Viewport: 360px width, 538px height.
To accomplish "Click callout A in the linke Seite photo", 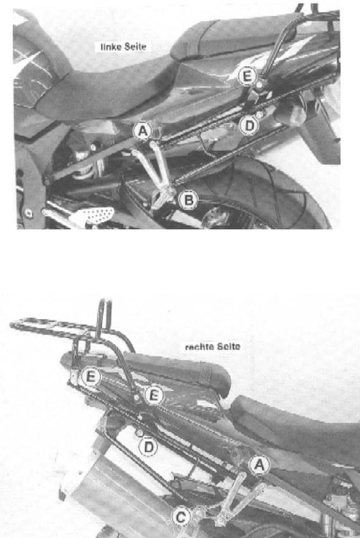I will (143, 132).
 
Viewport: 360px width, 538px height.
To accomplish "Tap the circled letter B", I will (188, 201).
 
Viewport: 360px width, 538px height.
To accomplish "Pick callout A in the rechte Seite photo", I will (258, 464).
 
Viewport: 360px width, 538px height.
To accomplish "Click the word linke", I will (109, 46).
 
